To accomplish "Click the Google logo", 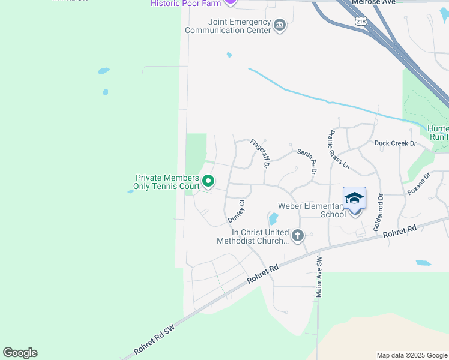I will pyautogui.click(x=20, y=353).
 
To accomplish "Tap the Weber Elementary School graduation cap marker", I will pyautogui.click(x=354, y=199).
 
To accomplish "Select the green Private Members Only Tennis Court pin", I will pyautogui.click(x=208, y=180).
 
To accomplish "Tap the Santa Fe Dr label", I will pyautogui.click(x=307, y=161).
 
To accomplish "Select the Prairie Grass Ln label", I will pyautogui.click(x=339, y=149).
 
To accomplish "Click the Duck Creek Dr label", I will pyautogui.click(x=395, y=143).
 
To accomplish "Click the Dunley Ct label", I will pyautogui.click(x=235, y=212).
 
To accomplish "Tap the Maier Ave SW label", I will pyautogui.click(x=319, y=277).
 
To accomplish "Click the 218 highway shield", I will pyautogui.click(x=361, y=21).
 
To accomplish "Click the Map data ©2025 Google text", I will pyautogui.click(x=411, y=355).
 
